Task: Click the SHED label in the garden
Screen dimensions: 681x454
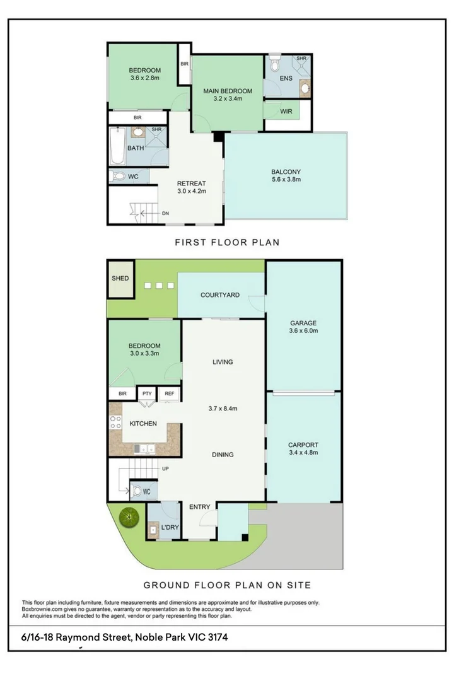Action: click(x=120, y=278)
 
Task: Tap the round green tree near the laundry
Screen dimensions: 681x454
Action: click(x=129, y=518)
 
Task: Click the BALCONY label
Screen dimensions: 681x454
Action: click(x=286, y=172)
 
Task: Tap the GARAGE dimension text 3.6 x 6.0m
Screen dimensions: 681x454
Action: click(x=303, y=331)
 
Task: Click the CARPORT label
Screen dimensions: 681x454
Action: click(x=303, y=444)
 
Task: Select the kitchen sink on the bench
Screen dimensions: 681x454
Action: click(x=145, y=448)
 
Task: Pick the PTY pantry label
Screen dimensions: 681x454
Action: click(x=147, y=393)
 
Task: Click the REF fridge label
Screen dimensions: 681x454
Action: click(x=169, y=393)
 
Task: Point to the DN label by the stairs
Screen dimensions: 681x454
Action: click(x=165, y=214)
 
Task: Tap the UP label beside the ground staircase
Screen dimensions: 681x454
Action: click(x=165, y=469)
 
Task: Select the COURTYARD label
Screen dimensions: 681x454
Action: click(x=219, y=295)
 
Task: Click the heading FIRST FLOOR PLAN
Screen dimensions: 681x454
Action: click(x=226, y=242)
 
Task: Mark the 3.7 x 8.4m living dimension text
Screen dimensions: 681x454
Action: click(x=223, y=409)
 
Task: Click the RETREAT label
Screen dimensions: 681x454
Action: click(x=192, y=183)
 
